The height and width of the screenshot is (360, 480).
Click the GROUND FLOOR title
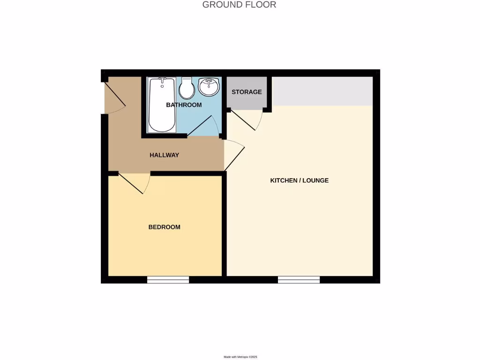pos(239,5)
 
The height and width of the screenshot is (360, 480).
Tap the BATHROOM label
pos(184,105)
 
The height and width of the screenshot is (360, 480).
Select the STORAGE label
pos(247,92)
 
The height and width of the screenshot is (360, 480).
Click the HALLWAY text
pos(164,155)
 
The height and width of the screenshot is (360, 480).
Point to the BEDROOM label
pos(164,227)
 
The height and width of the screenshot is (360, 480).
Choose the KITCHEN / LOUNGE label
pos(299,180)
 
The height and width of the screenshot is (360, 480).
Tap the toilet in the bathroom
pos(187,89)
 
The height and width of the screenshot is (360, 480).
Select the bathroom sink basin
pos(208,86)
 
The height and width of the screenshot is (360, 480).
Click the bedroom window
pos(168,280)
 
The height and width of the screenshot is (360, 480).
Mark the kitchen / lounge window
pos(299,280)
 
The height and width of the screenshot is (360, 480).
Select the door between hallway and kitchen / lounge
pos(234,155)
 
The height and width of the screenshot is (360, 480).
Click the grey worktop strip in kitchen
pos(322,91)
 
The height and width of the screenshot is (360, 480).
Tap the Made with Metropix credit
pos(240,357)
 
